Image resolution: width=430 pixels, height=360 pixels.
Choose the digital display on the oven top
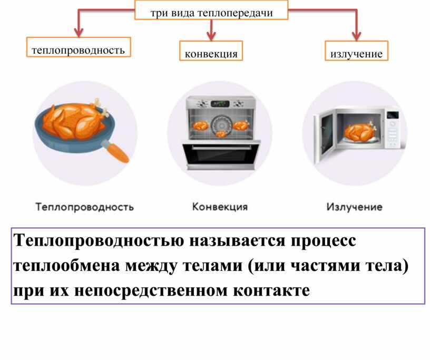click(222, 103)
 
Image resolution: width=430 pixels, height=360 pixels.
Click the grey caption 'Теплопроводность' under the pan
click(84, 207)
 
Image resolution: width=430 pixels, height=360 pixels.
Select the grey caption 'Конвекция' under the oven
click(219, 207)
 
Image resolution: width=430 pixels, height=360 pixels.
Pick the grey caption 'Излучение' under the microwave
click(354, 207)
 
